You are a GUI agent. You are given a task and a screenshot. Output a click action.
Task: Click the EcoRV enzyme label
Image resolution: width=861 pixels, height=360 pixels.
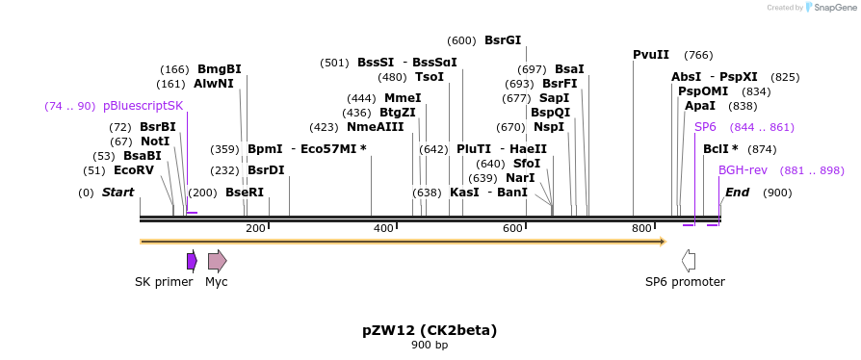133,170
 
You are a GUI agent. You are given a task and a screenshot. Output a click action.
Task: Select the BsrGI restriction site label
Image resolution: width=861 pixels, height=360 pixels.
503,40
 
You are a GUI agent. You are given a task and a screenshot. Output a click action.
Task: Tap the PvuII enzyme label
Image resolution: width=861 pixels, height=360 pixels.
651,54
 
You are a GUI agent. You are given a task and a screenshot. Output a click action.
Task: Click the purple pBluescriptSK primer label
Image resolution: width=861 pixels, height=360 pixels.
143,106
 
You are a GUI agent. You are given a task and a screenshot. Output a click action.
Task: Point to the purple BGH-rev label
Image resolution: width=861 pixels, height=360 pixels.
743,170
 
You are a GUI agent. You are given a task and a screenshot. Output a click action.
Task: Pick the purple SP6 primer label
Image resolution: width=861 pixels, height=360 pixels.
705,127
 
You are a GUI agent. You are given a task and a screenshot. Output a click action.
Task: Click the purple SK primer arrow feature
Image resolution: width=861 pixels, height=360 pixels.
192,260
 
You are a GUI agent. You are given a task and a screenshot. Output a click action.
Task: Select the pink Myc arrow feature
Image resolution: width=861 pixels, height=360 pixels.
217,260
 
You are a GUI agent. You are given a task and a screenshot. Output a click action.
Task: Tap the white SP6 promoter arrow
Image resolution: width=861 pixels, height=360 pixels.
688,260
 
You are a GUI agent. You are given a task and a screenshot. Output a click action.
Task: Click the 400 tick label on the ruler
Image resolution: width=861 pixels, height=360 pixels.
383,228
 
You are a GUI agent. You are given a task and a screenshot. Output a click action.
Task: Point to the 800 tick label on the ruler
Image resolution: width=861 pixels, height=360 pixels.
641,228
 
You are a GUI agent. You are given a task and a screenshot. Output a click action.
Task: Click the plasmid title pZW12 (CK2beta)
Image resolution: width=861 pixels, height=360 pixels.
430,330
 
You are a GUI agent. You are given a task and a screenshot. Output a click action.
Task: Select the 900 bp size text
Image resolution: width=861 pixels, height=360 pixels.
430,345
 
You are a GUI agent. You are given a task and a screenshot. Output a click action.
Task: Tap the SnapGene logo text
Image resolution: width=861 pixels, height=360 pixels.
834,7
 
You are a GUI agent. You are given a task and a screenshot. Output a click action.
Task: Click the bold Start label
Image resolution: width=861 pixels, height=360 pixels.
117,193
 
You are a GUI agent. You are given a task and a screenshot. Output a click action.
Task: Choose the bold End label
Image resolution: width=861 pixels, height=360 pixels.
737,193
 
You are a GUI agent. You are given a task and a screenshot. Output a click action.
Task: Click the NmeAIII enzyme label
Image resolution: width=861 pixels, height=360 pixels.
376,127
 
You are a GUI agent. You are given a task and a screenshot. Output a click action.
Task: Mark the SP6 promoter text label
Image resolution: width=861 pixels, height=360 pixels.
685,282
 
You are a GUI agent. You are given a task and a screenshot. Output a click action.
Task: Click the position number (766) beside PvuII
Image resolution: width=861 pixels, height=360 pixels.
698,55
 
